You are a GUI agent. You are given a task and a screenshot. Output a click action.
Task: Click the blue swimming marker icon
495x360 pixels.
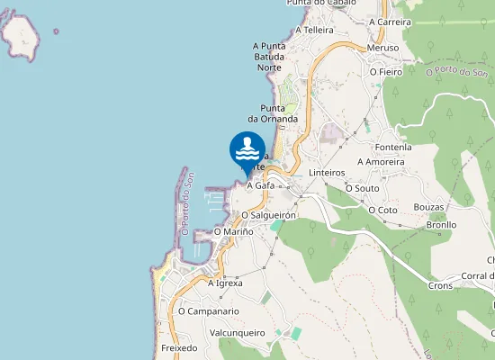247,150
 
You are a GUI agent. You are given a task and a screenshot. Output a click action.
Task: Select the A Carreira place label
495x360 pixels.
390,22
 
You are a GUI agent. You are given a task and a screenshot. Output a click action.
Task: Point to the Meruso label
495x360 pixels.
382,48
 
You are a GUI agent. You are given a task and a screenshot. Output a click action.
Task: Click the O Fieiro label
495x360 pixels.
386,71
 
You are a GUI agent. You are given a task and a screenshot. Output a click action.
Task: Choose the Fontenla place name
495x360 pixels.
393,147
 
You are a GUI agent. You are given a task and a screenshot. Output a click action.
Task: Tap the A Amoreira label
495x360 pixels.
383,162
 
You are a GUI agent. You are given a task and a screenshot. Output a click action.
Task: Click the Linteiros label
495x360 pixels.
327,172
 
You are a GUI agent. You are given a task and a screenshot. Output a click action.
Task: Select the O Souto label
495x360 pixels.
362,188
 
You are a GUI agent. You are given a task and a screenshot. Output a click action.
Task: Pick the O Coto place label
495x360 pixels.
382,210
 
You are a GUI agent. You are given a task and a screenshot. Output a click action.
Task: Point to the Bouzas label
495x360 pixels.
429,207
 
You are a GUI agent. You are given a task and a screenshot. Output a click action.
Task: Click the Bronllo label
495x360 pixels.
443,225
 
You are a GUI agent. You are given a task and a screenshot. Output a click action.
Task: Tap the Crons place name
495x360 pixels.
440,285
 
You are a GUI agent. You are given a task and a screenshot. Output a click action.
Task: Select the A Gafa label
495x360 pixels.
260,185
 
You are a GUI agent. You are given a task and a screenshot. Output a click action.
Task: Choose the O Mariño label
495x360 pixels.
233,231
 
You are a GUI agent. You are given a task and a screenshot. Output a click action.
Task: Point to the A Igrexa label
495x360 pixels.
225,283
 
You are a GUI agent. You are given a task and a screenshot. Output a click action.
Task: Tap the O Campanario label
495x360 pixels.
208,311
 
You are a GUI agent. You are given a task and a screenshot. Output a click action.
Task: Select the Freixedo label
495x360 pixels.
179,347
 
